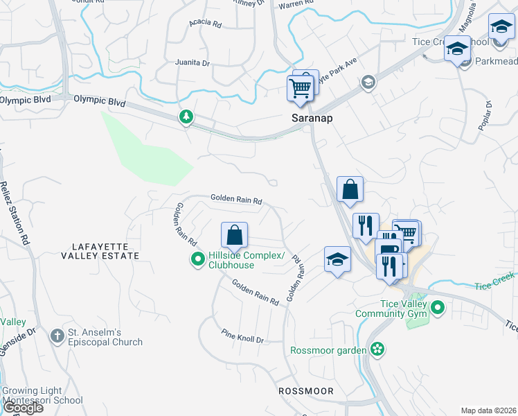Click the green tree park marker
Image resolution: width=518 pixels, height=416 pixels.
[186, 117]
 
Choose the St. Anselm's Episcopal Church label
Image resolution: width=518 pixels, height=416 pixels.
[105, 337]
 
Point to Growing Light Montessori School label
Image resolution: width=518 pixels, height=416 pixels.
[44, 396]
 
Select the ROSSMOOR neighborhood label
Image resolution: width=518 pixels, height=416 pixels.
[305, 391]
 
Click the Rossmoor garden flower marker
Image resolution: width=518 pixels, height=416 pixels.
[377, 349]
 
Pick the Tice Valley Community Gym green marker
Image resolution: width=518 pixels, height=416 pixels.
[437, 306]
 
